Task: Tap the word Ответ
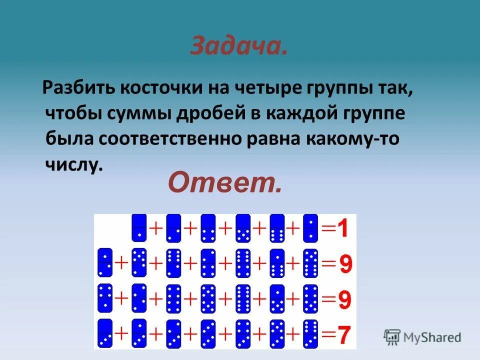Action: click(225, 183)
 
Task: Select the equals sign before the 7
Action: click(328, 333)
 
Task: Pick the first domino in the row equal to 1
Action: click(138, 227)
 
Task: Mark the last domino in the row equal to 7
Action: click(310, 333)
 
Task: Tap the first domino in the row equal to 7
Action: click(105, 333)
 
